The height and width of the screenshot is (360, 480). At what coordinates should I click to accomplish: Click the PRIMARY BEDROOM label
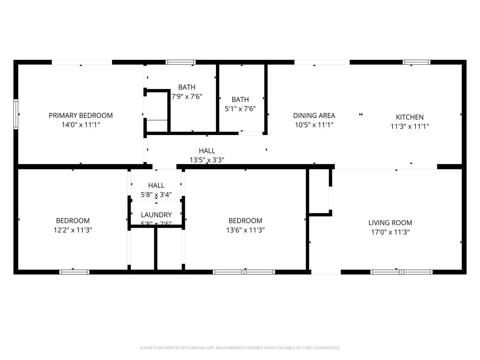81,115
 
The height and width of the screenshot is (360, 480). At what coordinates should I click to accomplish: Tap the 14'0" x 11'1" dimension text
81,125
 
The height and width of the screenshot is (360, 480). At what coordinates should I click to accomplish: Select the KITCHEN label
410,117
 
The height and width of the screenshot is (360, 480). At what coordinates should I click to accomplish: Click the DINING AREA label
314,115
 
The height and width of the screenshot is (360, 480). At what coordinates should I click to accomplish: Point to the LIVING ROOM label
390,223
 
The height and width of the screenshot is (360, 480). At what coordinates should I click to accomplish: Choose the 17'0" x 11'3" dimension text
390,232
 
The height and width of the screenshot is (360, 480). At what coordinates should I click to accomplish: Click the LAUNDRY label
156,215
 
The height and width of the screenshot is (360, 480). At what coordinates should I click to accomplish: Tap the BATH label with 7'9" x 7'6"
187,87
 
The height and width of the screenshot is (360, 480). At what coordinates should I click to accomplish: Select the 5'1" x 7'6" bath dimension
240,109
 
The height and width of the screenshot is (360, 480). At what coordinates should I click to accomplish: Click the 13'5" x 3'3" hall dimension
207,160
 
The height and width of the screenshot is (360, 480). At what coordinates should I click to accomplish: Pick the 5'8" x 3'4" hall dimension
156,195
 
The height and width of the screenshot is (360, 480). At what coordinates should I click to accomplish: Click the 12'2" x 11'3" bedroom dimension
73,230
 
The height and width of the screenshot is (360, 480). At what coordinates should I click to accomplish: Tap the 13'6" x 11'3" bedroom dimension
245,230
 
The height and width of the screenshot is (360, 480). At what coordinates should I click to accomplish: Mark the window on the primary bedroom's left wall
16,114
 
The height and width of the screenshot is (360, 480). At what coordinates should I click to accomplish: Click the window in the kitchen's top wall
416,62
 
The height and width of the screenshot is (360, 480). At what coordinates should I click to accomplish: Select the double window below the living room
401,272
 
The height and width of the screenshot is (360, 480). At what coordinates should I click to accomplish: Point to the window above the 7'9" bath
180,62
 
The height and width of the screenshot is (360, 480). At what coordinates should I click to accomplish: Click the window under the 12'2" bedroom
74,272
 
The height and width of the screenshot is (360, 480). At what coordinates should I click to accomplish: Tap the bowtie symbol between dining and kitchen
361,114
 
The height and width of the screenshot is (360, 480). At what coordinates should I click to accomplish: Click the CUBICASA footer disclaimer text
240,348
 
